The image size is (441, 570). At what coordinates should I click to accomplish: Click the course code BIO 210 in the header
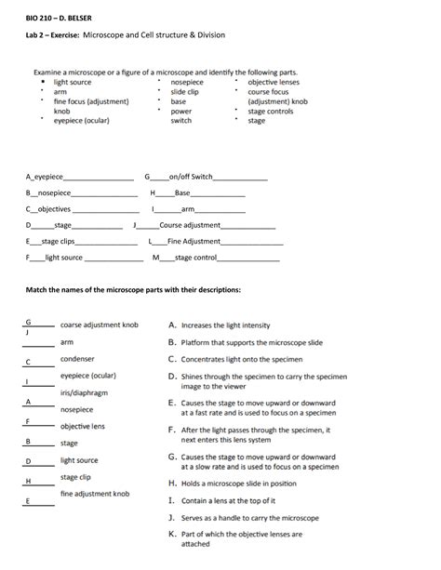pyautogui.click(x=41, y=17)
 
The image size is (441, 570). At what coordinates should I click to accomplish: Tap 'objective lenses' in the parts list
pyautogui.click(x=274, y=83)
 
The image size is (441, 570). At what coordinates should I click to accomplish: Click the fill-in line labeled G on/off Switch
pyautogui.click(x=206, y=177)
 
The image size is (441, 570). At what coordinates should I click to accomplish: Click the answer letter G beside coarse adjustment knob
pyautogui.click(x=28, y=322)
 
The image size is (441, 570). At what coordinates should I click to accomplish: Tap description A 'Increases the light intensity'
pyautogui.click(x=220, y=325)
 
